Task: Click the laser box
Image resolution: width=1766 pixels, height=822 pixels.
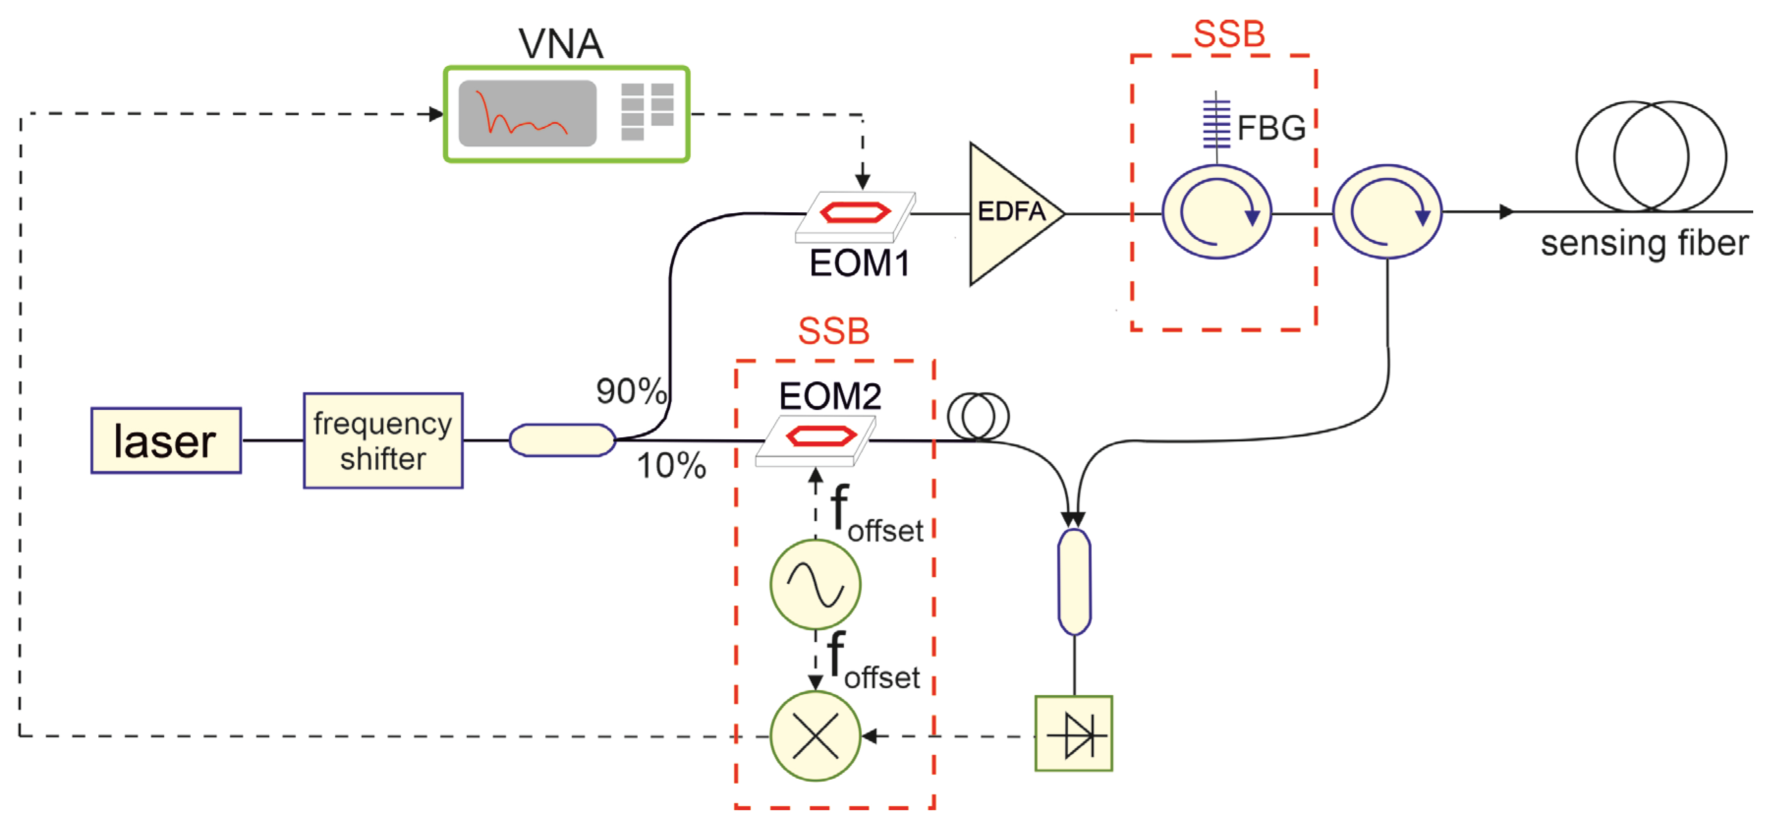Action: tap(166, 440)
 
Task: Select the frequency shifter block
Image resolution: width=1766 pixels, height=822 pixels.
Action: tap(383, 440)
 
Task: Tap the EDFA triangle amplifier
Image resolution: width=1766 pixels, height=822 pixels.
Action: tap(1008, 213)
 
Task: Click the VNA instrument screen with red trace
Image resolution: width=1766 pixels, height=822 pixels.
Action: tap(527, 113)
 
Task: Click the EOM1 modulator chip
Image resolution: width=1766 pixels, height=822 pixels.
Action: tap(855, 216)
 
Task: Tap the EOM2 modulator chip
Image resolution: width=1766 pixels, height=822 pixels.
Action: tap(816, 440)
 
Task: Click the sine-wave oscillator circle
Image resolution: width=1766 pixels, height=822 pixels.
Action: tap(815, 584)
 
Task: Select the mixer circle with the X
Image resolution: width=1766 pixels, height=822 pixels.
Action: tap(815, 736)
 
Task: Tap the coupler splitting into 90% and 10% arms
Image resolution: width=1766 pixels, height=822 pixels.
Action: tap(562, 440)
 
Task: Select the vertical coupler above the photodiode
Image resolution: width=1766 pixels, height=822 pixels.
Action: tap(1074, 581)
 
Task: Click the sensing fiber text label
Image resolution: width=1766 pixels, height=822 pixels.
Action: tap(1644, 243)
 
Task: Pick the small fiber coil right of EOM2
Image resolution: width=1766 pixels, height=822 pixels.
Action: tap(978, 416)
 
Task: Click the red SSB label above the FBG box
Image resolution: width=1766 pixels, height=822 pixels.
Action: tap(1228, 33)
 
